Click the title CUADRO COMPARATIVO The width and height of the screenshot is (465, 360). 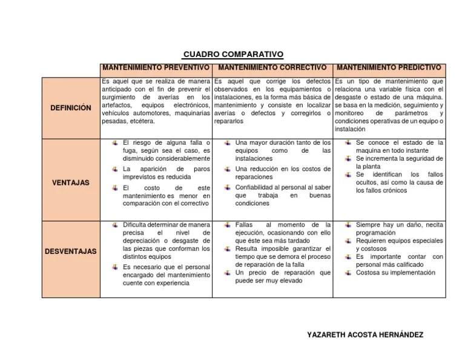(232, 54)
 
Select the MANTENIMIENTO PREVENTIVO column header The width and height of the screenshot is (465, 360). (157, 67)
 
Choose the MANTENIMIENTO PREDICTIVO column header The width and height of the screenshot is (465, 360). (389, 67)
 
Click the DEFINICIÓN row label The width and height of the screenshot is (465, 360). (71, 108)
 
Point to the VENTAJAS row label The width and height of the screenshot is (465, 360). (71, 181)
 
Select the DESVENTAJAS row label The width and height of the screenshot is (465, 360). (71, 251)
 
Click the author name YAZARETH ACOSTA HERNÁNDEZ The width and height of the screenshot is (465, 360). (365, 335)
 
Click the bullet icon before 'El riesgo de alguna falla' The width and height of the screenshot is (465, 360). (115, 142)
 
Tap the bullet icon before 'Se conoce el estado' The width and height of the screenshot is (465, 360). (348, 142)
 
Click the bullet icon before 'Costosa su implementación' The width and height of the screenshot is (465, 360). (348, 273)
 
